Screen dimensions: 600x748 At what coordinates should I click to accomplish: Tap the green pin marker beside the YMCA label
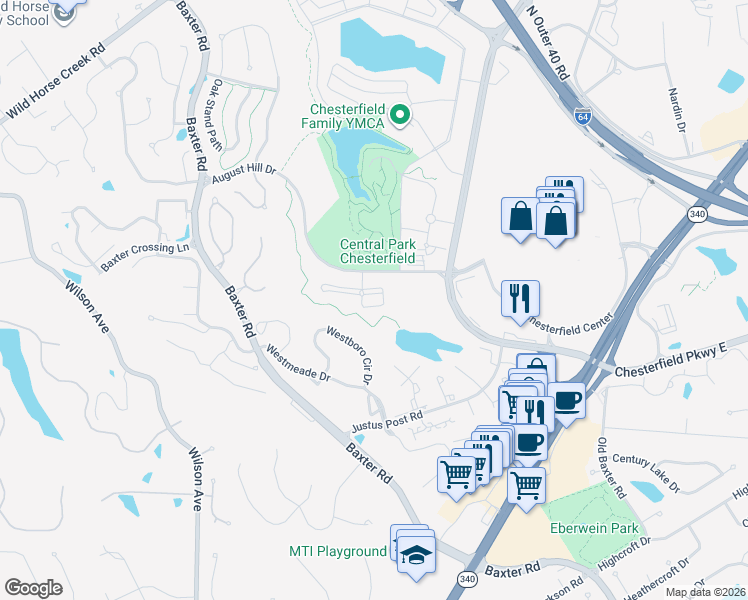[400, 116]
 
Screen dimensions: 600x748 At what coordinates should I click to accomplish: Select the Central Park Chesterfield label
[377, 251]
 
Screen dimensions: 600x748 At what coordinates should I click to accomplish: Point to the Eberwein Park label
[593, 528]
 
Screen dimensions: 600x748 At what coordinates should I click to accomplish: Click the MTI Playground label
[337, 551]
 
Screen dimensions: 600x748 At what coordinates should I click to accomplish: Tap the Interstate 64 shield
[583, 117]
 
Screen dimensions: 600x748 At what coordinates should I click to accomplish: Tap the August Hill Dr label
[243, 176]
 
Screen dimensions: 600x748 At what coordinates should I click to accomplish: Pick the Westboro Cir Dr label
[349, 354]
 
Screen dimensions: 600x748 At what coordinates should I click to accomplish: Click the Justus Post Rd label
[387, 423]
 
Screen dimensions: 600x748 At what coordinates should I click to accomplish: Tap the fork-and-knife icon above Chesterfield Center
[520, 298]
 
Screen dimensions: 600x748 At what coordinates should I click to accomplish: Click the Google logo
[34, 588]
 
